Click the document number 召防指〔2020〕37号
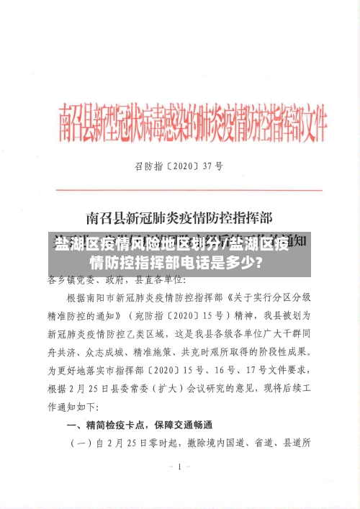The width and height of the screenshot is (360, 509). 179,165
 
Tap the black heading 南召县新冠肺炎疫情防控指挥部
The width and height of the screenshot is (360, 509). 183,216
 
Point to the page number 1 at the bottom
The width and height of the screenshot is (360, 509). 179,467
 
